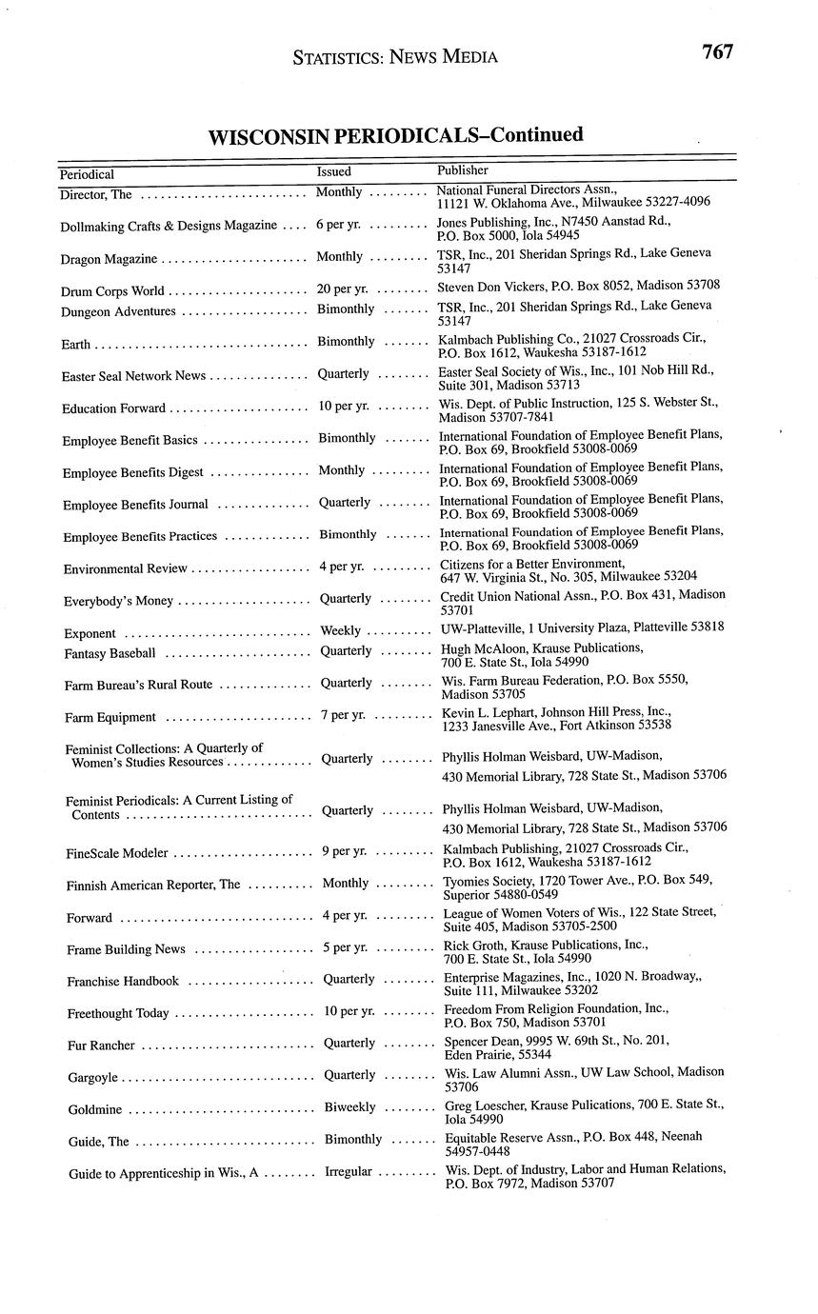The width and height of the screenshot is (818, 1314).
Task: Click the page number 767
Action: (717, 52)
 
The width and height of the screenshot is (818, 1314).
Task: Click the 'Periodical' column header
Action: (87, 174)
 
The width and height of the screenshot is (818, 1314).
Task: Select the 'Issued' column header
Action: (333, 171)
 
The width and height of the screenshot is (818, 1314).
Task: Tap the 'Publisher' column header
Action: (463, 169)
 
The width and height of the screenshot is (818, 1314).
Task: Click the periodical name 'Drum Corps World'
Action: (112, 291)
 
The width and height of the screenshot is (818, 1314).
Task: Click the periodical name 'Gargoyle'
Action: (92, 1078)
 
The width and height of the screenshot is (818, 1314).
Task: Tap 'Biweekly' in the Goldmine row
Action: (349, 1107)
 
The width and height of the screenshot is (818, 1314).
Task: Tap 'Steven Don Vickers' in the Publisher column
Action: (493, 285)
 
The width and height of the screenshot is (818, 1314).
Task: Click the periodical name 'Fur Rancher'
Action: (101, 1045)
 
